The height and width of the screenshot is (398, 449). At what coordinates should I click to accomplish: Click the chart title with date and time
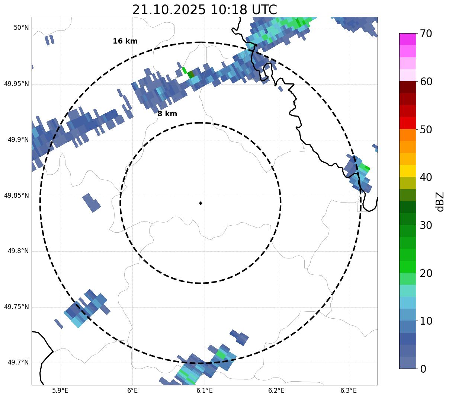[x=204, y=10]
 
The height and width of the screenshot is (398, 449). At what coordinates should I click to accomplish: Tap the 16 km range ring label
[x=125, y=41]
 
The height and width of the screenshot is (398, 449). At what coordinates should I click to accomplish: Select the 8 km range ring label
[x=167, y=114]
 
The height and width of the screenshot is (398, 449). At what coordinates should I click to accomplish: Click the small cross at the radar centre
[x=201, y=203]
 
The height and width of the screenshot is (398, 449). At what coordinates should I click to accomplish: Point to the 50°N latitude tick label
[x=21, y=28]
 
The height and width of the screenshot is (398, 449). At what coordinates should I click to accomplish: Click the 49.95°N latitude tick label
[x=16, y=84]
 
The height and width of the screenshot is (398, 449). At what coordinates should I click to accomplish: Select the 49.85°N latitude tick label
[x=16, y=195]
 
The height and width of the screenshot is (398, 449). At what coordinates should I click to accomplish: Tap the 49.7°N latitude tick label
[x=18, y=363]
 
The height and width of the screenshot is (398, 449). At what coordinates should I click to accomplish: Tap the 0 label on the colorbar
[x=423, y=369]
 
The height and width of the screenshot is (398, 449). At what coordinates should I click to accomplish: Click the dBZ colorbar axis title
[x=440, y=201]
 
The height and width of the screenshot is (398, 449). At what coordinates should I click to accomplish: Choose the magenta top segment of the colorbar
[x=407, y=39]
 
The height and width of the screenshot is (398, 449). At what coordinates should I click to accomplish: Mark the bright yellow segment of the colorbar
[x=407, y=171]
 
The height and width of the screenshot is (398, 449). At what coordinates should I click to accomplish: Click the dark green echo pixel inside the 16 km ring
[x=191, y=74]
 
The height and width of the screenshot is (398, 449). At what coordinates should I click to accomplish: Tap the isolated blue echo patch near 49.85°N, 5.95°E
[x=91, y=203]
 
